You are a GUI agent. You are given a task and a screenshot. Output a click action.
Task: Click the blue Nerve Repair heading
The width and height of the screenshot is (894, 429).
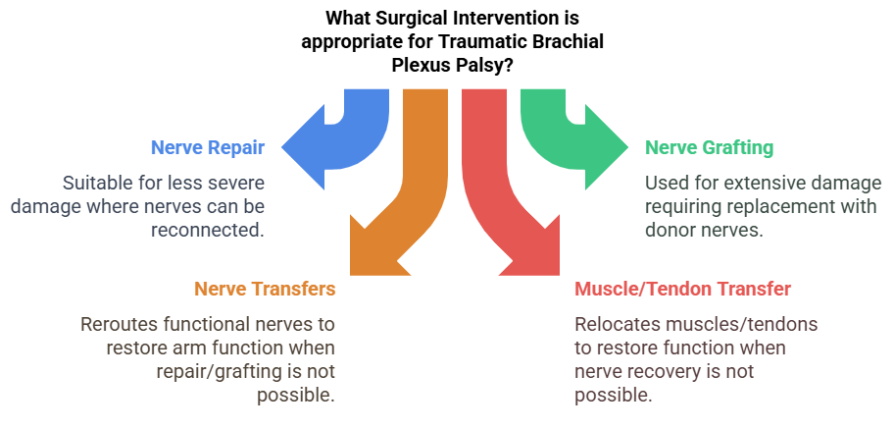tap(208, 148)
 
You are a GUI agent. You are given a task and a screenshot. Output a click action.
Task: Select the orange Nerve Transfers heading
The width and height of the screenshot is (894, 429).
tap(265, 289)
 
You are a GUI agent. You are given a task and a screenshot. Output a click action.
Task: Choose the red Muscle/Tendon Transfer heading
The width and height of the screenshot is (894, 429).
tap(682, 289)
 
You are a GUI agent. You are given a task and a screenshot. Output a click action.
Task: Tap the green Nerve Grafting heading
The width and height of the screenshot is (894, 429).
tap(709, 148)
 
